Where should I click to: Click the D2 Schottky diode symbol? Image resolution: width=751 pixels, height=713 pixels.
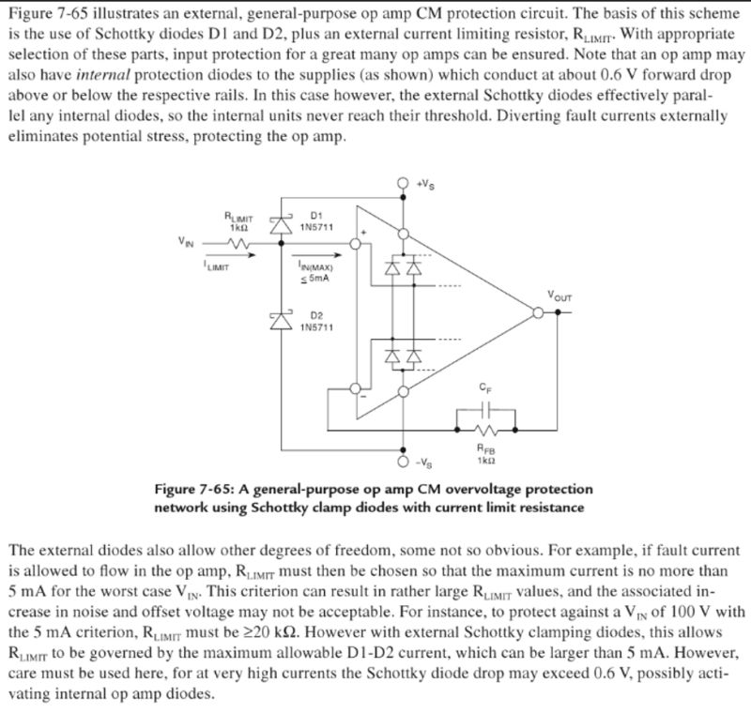click(279, 319)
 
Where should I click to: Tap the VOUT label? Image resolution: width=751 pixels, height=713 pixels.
click(559, 297)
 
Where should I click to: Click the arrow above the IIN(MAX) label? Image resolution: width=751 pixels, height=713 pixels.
click(310, 253)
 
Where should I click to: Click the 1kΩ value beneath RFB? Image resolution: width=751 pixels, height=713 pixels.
click(485, 461)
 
